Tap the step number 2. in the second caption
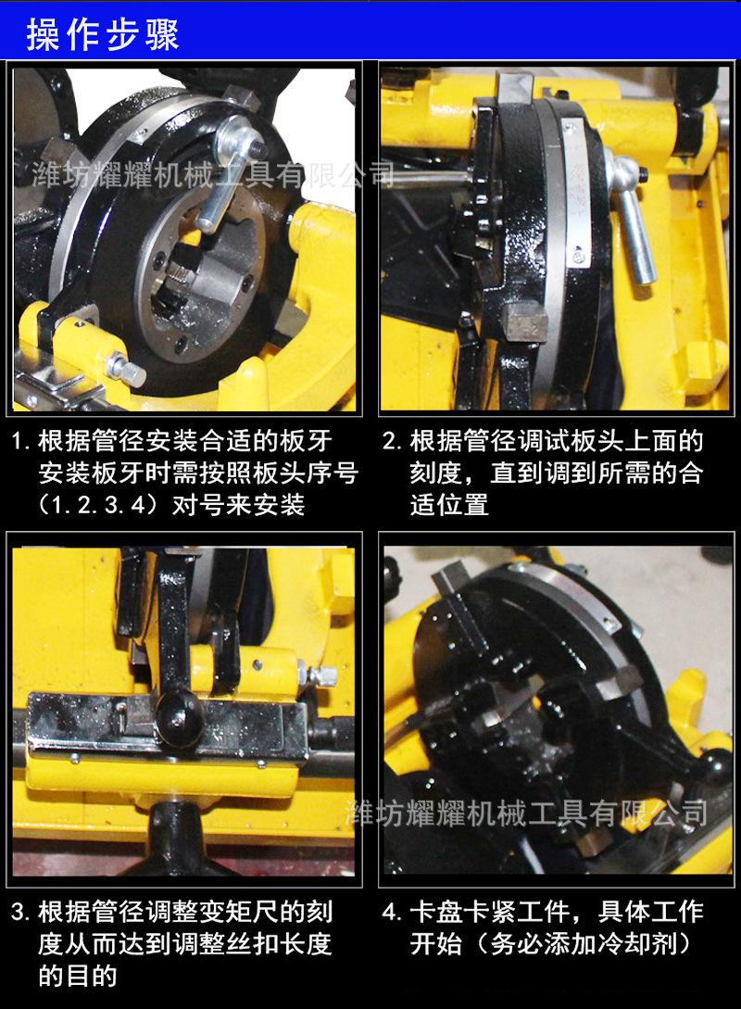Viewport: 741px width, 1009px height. [393, 440]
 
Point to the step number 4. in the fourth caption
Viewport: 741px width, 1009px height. [393, 913]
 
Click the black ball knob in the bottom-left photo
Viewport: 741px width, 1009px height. [176, 712]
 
